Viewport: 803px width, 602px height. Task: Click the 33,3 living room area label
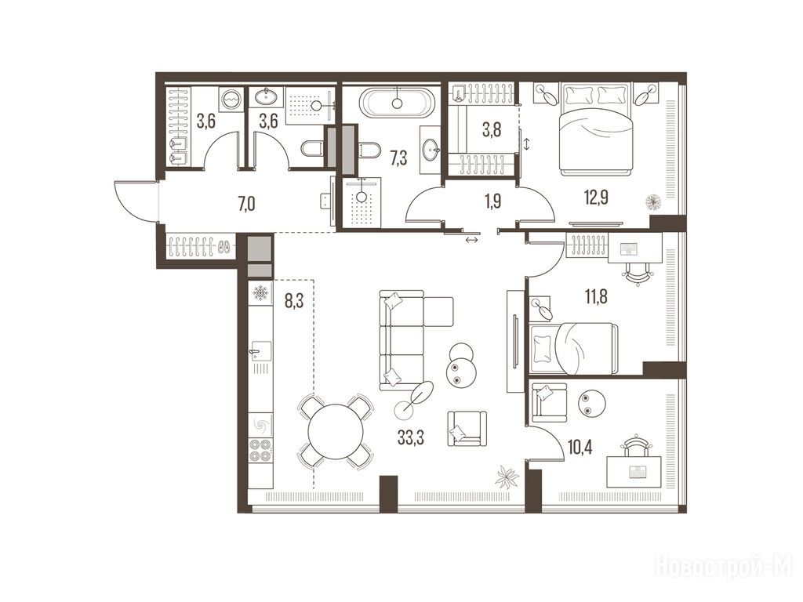(411, 438)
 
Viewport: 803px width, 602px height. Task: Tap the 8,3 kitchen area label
(295, 301)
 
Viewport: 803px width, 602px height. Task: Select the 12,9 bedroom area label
(597, 196)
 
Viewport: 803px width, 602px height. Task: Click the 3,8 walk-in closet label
(492, 129)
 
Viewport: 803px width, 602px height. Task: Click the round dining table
(336, 432)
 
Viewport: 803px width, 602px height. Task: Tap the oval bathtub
(397, 103)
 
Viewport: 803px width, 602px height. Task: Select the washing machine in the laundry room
(230, 98)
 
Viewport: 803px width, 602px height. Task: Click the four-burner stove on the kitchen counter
(260, 451)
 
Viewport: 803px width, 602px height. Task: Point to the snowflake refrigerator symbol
(260, 294)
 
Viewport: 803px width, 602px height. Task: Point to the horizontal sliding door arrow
(471, 240)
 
